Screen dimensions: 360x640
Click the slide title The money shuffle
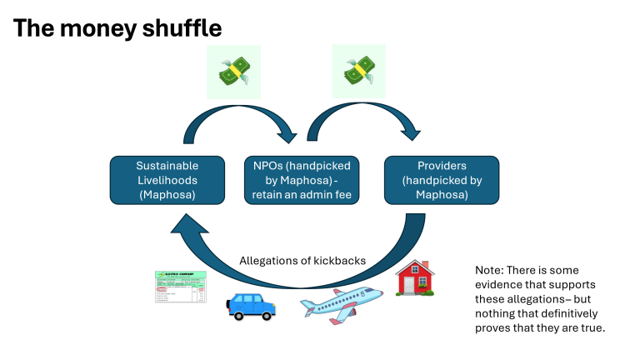click(x=117, y=27)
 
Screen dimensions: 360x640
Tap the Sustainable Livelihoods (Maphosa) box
click(x=167, y=180)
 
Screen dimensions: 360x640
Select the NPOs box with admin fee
click(x=302, y=180)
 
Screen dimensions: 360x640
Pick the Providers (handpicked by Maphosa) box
click(x=442, y=180)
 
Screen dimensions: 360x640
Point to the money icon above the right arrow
click(x=358, y=71)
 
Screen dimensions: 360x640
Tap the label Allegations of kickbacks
click(x=302, y=261)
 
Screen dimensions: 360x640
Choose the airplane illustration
click(x=342, y=301)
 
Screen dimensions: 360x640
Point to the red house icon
click(x=414, y=277)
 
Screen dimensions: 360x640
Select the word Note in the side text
click(x=489, y=270)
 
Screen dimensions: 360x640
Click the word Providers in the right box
click(x=442, y=165)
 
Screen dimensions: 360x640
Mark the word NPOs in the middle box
click(x=265, y=166)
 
